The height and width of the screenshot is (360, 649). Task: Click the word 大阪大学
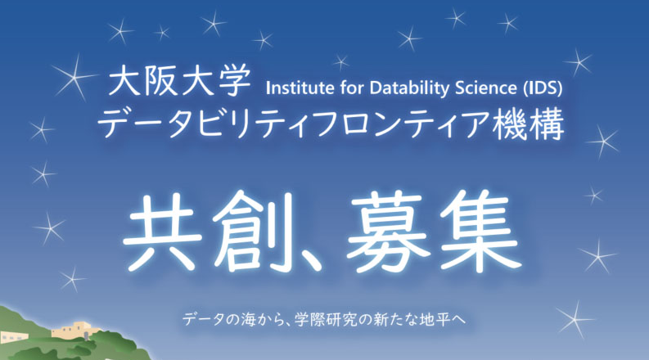click(x=179, y=80)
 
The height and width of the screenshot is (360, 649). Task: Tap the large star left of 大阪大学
click(x=75, y=77)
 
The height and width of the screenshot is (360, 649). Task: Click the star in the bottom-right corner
click(x=575, y=319)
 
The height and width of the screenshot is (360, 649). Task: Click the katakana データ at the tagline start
click(x=200, y=320)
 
